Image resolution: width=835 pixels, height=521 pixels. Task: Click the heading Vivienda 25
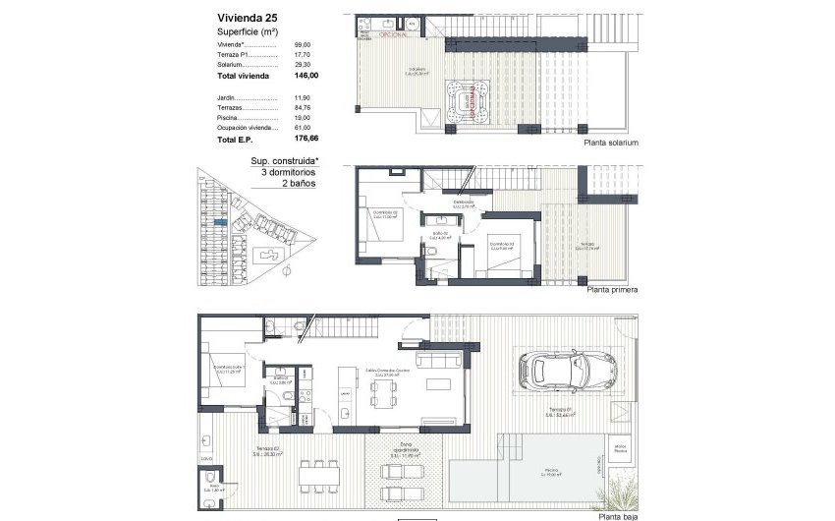click(x=249, y=16)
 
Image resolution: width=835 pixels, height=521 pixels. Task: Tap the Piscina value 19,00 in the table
click(x=303, y=118)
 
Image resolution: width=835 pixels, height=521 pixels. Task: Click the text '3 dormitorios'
click(x=276, y=171)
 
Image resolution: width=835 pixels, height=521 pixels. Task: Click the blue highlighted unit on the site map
click(x=221, y=223)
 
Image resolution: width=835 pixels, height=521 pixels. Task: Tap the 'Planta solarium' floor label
click(x=611, y=143)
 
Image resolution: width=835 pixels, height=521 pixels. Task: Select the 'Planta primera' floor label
click(x=612, y=291)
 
